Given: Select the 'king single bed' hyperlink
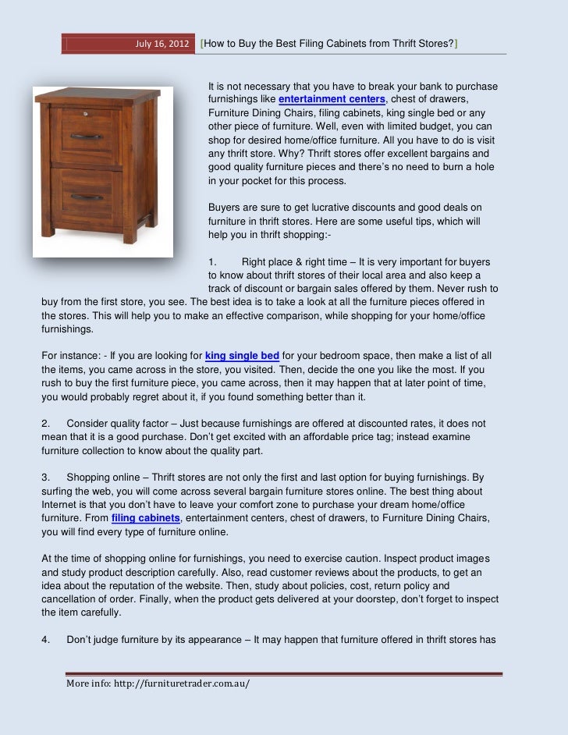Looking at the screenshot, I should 243,356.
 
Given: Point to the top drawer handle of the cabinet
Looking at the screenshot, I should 87,137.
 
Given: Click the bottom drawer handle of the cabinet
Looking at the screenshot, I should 87,196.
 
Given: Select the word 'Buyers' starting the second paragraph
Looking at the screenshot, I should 225,207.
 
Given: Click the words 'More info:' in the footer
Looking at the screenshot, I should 88,684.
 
